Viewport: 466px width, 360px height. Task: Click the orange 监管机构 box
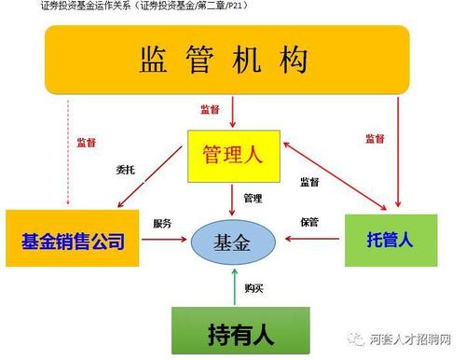pyautogui.click(x=223, y=60)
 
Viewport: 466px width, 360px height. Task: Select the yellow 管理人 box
pyautogui.click(x=232, y=156)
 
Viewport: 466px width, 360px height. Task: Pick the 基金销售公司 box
pyautogui.click(x=72, y=242)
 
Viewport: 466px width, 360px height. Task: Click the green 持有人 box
pyautogui.click(x=232, y=330)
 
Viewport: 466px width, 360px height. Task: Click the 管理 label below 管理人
pyautogui.click(x=253, y=198)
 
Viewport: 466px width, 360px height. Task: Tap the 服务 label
pyautogui.click(x=162, y=224)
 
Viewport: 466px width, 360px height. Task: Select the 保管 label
pyautogui.click(x=309, y=222)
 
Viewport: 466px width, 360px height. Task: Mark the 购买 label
pyautogui.click(x=253, y=289)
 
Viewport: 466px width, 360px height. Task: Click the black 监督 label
pyautogui.click(x=310, y=182)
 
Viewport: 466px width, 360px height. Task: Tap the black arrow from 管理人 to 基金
pyautogui.click(x=233, y=201)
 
